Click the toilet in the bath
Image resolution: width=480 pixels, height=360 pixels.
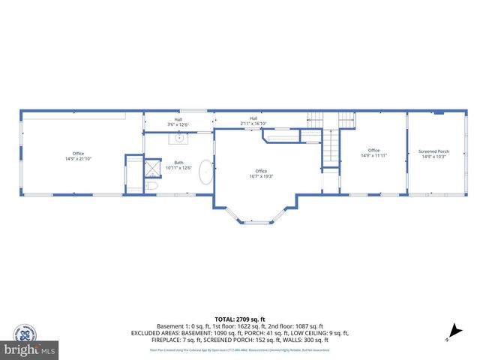point(151,185)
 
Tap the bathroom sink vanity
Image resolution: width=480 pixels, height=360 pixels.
point(179,138)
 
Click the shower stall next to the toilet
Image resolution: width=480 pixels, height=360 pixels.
point(152,166)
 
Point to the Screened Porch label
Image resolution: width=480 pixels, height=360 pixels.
point(433,151)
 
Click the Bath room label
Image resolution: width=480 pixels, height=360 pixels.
point(178,163)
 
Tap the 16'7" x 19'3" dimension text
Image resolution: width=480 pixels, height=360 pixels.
point(261,175)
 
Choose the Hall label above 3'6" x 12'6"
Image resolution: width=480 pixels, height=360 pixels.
point(178,120)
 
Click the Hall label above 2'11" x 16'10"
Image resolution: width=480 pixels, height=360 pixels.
point(253,118)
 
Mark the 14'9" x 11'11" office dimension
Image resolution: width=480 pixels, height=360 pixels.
point(373,155)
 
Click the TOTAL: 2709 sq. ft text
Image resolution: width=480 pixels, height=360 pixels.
point(239,319)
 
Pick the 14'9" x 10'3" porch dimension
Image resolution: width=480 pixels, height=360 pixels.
point(433,157)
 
